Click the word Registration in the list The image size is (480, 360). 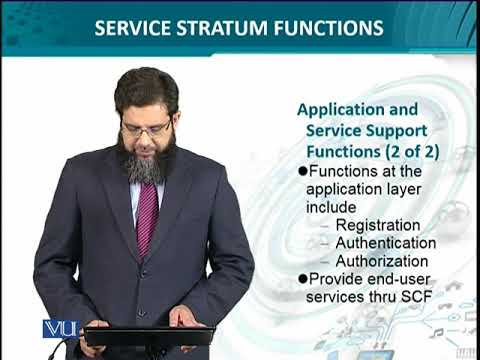coord(378,225)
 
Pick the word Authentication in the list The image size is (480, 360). coord(386,243)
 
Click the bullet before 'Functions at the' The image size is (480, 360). coord(305,171)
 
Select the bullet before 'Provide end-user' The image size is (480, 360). coord(305,279)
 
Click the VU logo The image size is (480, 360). coord(60,329)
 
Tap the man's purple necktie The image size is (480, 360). coord(147,215)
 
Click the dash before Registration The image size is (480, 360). coord(327,225)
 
